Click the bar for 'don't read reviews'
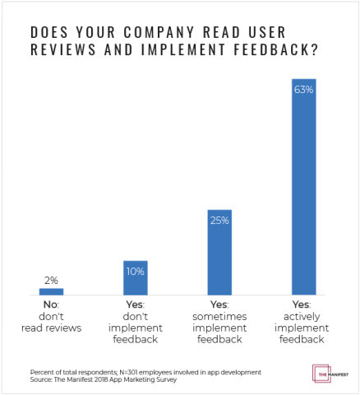(51, 291)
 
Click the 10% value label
(135, 271)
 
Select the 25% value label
(219, 221)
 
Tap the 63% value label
(303, 90)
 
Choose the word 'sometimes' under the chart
(219, 316)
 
